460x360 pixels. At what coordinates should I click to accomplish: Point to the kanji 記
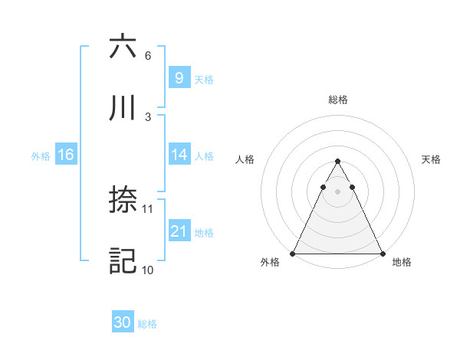123,261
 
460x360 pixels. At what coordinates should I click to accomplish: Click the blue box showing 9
179,77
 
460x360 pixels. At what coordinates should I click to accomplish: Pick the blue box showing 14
179,155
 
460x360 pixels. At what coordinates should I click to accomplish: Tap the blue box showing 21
179,231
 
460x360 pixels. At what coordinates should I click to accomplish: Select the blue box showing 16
66,155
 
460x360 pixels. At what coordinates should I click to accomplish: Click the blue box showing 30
123,322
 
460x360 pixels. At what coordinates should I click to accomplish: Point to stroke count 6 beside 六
147,56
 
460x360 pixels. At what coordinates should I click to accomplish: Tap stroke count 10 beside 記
148,270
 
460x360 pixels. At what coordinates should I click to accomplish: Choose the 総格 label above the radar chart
337,100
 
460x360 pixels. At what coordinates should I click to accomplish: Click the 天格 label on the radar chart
431,159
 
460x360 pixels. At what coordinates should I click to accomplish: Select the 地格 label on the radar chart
402,263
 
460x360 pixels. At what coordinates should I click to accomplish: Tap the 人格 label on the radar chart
245,159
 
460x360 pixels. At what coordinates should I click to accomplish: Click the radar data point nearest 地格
382,253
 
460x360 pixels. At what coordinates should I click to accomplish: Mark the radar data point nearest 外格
293,253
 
